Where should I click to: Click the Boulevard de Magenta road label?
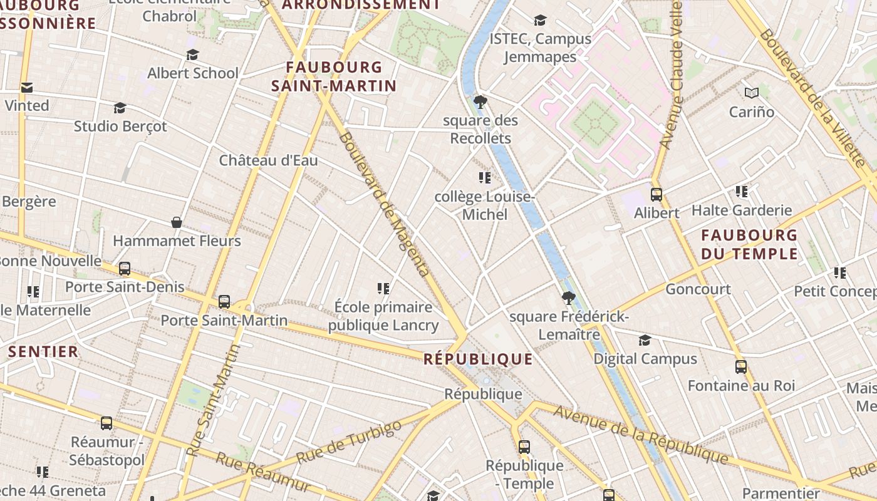point(385,204)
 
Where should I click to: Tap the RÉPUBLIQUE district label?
point(478,359)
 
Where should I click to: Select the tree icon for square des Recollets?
point(480,102)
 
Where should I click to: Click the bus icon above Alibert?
point(656,195)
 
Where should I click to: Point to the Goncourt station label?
point(698,289)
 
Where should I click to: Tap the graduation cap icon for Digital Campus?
point(645,341)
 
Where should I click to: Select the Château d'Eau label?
point(268,160)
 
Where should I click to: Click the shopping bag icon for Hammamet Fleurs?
point(177,222)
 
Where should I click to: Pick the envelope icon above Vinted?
point(27,88)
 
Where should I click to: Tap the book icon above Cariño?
point(752,93)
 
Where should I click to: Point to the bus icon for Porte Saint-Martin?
point(224,302)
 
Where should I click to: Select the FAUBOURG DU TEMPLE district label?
point(749,244)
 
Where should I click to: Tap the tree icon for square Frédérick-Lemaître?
point(568,298)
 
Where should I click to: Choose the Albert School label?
point(193,73)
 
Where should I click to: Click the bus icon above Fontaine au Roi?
point(741,367)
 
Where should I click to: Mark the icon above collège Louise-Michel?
point(484,178)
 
